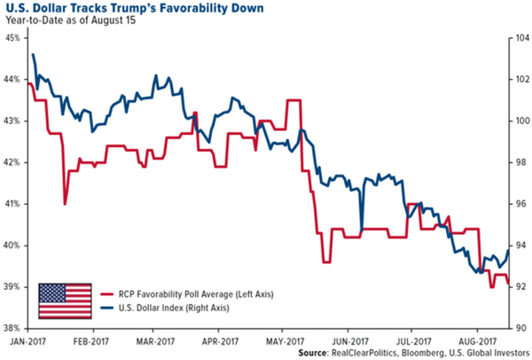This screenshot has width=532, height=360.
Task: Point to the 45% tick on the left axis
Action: coord(14,38)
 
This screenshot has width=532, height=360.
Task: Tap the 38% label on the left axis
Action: coord(14,329)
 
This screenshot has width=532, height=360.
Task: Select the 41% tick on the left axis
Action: coord(14,204)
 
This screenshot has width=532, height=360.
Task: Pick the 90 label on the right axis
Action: coord(518,329)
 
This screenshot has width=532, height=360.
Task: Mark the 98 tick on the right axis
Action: coord(518,162)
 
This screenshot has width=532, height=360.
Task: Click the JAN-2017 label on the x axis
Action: coord(28,340)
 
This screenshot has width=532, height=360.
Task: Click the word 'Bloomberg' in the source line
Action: coord(412,354)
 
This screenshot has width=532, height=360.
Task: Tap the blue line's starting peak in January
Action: coord(34,55)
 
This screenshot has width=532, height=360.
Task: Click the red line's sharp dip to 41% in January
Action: coord(66,204)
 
